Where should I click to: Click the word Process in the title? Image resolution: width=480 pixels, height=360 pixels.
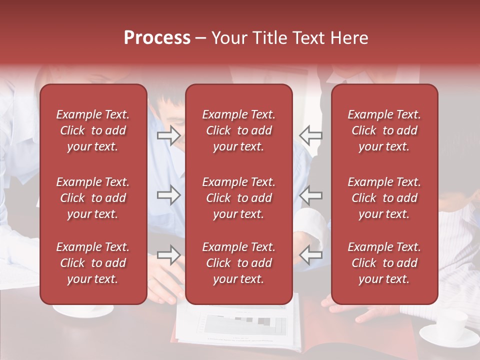[157, 38]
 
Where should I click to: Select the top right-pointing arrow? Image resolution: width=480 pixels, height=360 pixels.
[168, 135]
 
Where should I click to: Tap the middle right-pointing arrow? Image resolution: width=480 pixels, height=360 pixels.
[168, 195]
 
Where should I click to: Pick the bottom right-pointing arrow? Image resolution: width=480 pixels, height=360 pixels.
[168, 255]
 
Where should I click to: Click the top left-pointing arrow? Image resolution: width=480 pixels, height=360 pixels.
[311, 135]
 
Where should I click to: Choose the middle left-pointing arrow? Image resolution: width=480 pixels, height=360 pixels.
[311, 195]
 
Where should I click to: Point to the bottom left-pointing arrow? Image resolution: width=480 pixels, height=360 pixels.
[311, 255]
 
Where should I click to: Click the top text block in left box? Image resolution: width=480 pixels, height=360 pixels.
[93, 130]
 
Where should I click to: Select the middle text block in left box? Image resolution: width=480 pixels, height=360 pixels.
[93, 198]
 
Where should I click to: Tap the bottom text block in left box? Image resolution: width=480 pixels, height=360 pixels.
[93, 263]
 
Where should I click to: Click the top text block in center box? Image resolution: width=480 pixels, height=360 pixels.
[238, 130]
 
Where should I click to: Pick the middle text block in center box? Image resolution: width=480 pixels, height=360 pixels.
[238, 198]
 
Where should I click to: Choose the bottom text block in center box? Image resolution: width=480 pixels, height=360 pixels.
[238, 263]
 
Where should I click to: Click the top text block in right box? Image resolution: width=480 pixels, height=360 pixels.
[384, 130]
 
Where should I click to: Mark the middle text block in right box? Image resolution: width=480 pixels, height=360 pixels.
[384, 198]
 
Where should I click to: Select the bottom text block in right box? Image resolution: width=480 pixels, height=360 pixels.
[384, 263]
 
